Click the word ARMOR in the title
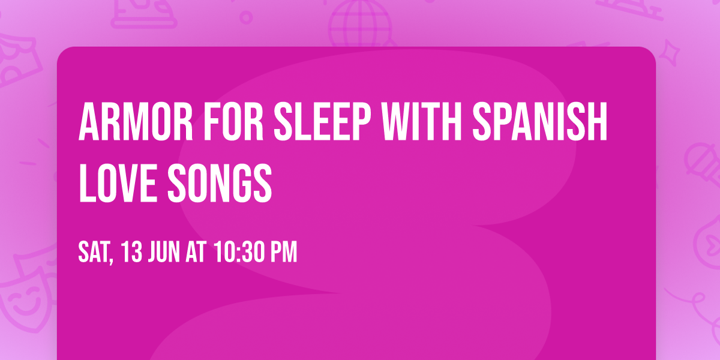(133, 122)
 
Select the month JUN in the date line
(165, 253)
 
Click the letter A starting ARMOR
(89, 122)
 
